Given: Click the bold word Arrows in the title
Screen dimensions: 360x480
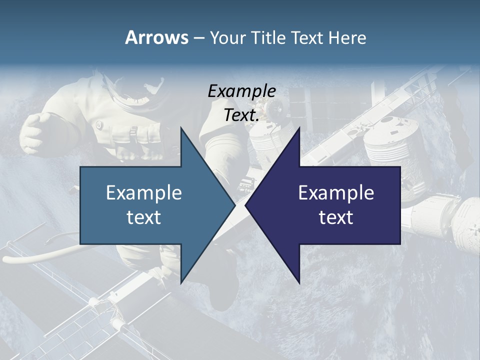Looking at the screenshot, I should point(156,37).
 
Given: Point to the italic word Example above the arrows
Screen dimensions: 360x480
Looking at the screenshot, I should point(241,91).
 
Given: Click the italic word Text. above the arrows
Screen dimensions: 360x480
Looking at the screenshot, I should point(241,115).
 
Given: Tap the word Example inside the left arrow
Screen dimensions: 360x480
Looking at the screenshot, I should point(144,193).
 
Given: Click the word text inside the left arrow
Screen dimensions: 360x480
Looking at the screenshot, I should point(144,217).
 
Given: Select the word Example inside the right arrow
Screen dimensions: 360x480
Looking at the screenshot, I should point(336,193).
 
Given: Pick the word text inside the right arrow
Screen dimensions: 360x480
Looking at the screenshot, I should point(336,217).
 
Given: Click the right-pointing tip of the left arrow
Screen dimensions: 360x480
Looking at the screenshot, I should point(234,205).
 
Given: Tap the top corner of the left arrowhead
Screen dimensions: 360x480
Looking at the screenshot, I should point(181,127).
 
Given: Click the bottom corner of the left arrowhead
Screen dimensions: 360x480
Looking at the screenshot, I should point(181,283).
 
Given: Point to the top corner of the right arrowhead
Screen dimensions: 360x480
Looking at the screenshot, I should point(299,127).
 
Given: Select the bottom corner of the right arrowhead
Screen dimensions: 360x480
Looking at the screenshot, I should point(299,283).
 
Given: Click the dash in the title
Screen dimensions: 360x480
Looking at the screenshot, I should point(198,38).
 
